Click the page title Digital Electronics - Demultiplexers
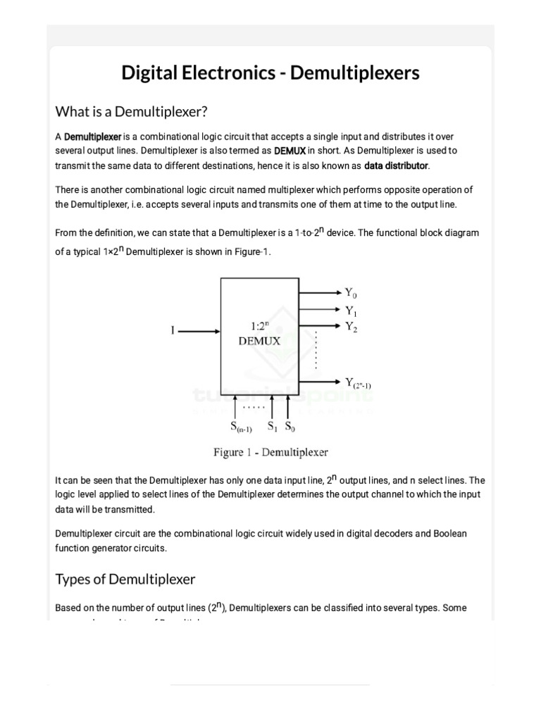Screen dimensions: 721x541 pyautogui.click(x=270, y=73)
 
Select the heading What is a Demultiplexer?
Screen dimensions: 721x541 pyautogui.click(x=132, y=111)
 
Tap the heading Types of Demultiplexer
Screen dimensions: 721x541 pyautogui.click(x=125, y=579)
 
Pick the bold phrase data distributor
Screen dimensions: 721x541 pyautogui.click(x=396, y=166)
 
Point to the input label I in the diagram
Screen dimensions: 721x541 pyautogui.click(x=173, y=332)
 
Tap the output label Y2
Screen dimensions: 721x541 pyautogui.click(x=352, y=327)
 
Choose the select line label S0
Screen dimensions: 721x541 pyautogui.click(x=290, y=427)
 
